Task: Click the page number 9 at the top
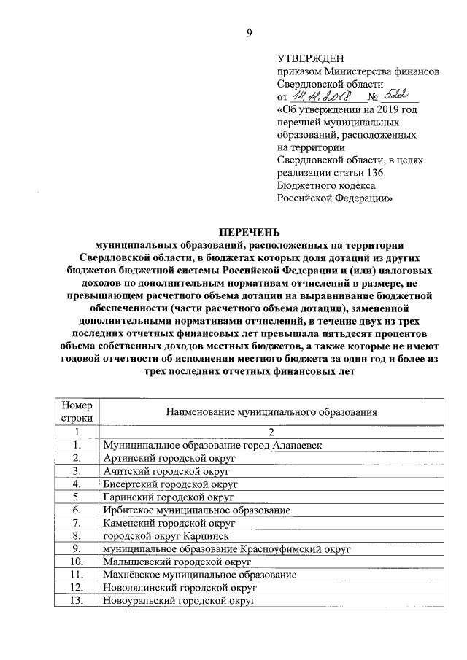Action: pos(249,32)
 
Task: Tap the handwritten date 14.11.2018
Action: pos(320,96)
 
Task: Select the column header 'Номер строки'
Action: pos(77,411)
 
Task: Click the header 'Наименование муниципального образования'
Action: pos(271,411)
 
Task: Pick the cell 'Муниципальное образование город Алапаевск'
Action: pos(212,444)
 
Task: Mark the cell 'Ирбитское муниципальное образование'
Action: pos(197,510)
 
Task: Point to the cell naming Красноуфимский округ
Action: pos(227,549)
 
